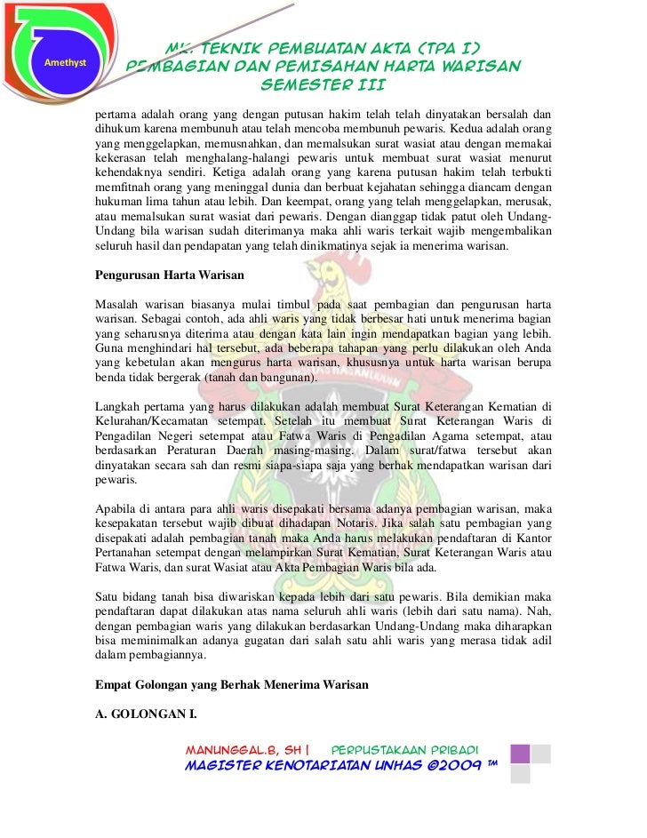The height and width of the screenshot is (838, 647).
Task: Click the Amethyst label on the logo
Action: (52, 62)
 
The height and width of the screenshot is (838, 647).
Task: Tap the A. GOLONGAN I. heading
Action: (145, 714)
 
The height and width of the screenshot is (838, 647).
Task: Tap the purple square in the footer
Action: (520, 754)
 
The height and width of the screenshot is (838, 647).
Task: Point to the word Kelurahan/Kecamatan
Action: (154, 422)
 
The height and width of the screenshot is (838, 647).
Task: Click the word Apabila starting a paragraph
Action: (117, 507)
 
